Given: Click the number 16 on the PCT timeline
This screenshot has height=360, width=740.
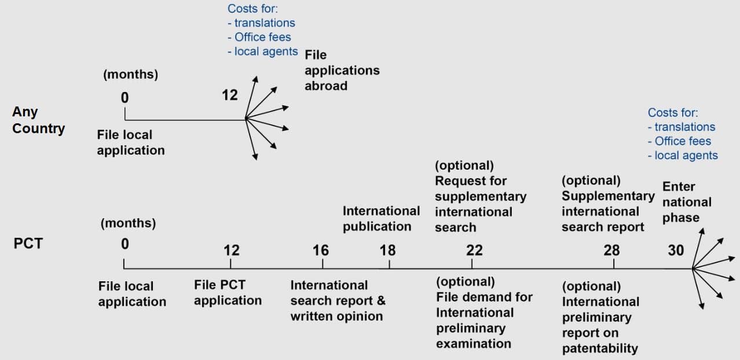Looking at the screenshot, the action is pyautogui.click(x=321, y=251).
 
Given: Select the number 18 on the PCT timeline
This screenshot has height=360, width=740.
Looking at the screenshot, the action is pyautogui.click(x=387, y=251).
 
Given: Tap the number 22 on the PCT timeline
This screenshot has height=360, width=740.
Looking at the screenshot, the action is pyautogui.click(x=474, y=251).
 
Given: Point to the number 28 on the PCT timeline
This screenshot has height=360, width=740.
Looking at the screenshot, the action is pyautogui.click(x=611, y=251).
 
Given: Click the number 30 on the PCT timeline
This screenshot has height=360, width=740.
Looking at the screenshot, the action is pyautogui.click(x=676, y=251).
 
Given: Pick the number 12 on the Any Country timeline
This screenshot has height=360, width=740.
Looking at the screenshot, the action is pyautogui.click(x=230, y=95).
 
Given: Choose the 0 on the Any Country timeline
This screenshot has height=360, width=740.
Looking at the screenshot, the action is pyautogui.click(x=124, y=98).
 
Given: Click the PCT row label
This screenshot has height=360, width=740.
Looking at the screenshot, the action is pyautogui.click(x=28, y=244).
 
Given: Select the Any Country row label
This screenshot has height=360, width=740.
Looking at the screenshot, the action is pyautogui.click(x=39, y=120).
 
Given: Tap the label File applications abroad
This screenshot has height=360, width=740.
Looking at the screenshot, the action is pyautogui.click(x=342, y=71).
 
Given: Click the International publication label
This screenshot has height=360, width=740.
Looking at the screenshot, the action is pyautogui.click(x=381, y=219).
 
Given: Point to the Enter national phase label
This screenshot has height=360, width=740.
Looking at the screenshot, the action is pyautogui.click(x=687, y=202).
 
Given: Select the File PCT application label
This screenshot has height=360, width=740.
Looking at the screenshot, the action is pyautogui.click(x=228, y=293).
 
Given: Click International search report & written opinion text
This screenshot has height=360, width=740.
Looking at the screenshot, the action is pyautogui.click(x=338, y=300).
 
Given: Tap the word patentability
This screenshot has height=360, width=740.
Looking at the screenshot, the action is pyautogui.click(x=600, y=348).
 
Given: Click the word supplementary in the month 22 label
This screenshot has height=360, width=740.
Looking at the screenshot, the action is pyautogui.click(x=481, y=197).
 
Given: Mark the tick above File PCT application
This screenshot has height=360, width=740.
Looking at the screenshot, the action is pyautogui.click(x=230, y=263).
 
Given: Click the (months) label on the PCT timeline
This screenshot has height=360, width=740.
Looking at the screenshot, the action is pyautogui.click(x=128, y=223).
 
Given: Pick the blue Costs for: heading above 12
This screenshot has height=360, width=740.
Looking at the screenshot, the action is pyautogui.click(x=252, y=9).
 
